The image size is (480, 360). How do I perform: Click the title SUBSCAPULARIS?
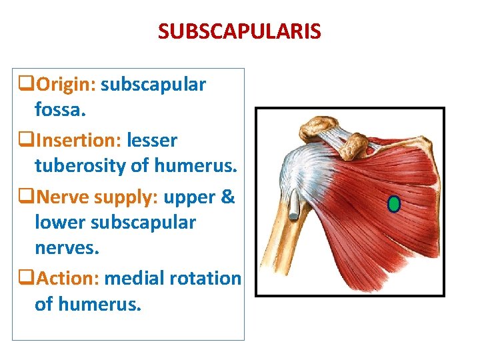(x=239, y=31)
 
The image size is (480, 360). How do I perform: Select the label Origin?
(x=67, y=85)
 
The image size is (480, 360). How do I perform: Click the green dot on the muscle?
(x=394, y=204)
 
